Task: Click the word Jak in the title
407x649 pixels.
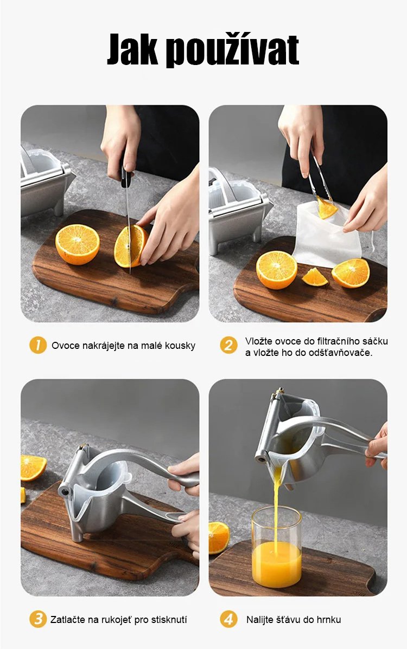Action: [132, 49]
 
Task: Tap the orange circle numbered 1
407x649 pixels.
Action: [38, 345]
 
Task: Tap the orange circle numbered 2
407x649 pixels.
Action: [228, 345]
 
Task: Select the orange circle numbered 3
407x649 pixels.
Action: [38, 619]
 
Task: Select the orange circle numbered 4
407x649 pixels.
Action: [228, 619]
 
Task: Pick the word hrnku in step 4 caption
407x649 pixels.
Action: [328, 620]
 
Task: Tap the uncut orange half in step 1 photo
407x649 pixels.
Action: [78, 244]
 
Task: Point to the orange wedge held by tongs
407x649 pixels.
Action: [327, 208]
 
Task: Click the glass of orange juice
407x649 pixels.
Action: [276, 547]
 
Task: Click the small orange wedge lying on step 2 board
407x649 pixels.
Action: [315, 277]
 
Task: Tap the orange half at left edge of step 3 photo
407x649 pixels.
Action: [33, 468]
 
